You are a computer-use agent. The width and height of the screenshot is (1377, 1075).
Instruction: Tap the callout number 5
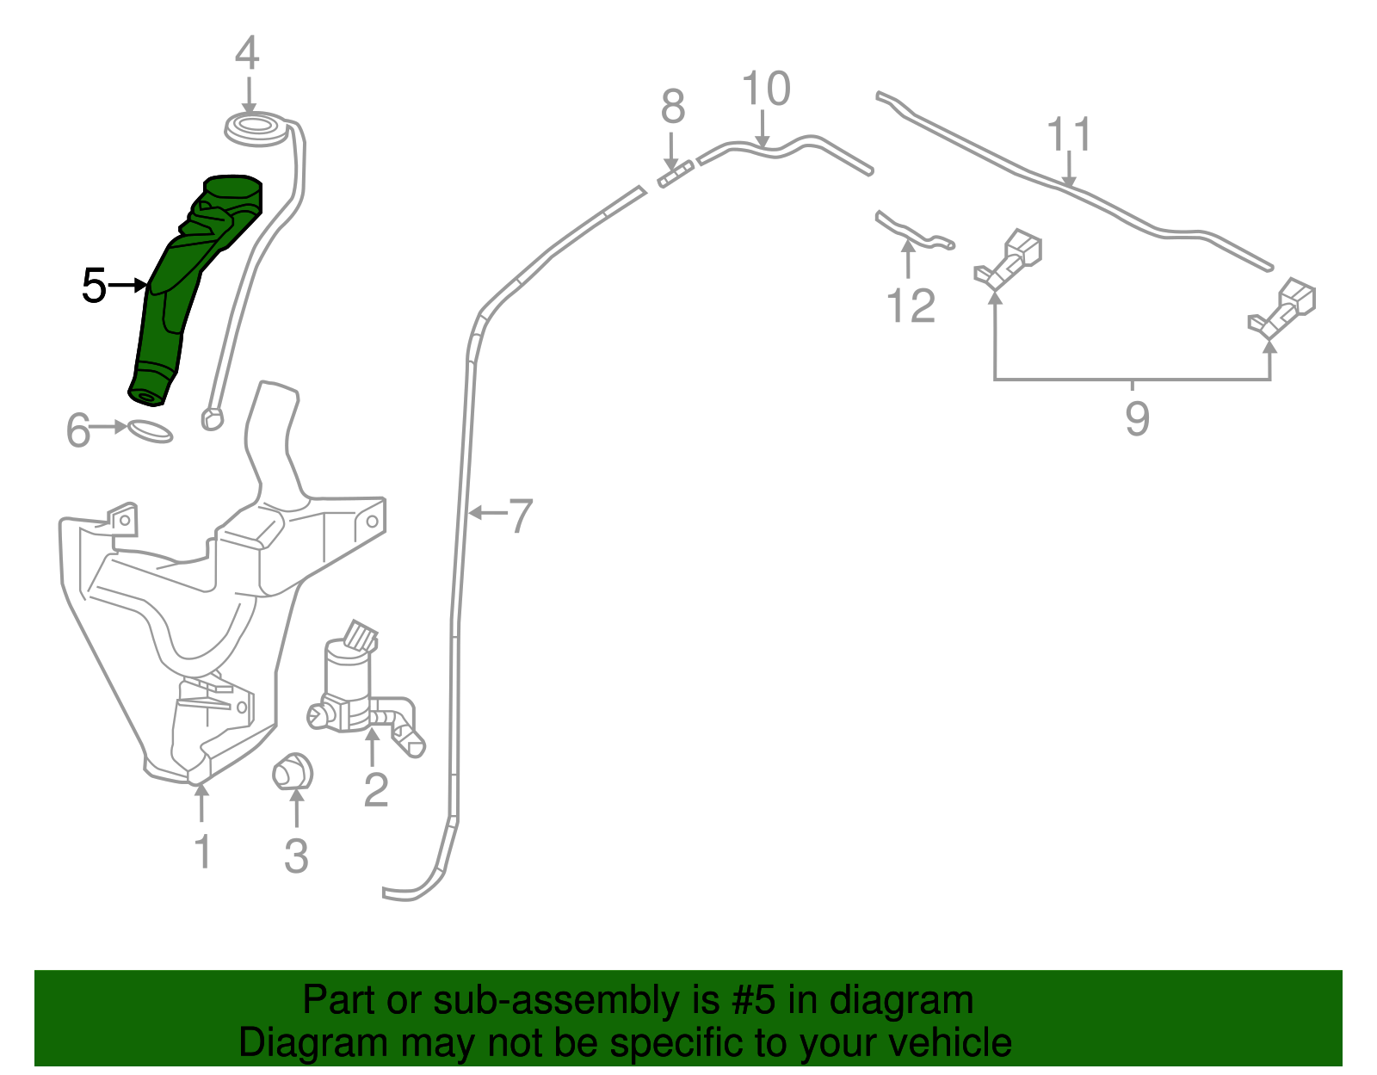point(93,286)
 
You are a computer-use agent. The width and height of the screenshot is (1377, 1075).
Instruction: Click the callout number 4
point(247,53)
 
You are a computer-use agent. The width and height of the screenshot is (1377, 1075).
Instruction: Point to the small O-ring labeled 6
point(151,431)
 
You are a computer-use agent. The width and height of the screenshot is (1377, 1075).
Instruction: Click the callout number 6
point(77,430)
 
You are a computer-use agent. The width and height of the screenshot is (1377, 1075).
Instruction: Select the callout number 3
point(296,856)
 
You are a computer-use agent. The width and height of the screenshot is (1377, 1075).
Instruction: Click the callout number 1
point(202,852)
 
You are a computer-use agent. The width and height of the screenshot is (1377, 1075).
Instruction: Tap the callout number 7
point(521,516)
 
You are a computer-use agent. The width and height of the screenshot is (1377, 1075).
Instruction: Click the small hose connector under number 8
point(676,175)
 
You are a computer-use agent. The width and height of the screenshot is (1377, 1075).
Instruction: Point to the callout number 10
point(766,90)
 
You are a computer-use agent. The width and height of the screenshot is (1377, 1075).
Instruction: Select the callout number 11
point(1069,135)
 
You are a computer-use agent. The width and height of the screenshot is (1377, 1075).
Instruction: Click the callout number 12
point(911,306)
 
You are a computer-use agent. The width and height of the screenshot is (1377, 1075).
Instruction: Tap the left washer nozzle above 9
point(1009,258)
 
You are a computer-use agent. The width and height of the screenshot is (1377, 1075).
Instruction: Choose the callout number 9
point(1137,419)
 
